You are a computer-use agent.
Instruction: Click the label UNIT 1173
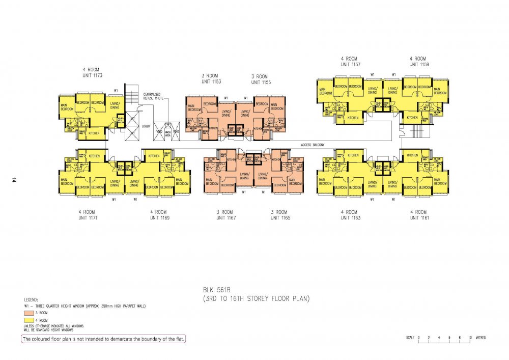93,75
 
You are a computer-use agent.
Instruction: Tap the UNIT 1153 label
211,81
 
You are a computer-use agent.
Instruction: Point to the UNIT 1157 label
350,65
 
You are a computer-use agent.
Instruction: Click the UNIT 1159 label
418,65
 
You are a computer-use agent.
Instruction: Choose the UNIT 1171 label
87,217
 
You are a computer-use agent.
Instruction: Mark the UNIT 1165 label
279,217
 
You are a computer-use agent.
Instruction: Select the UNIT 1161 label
418,217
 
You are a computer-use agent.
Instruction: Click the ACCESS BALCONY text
313,145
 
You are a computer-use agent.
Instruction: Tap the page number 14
15,180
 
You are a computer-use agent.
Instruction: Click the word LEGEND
32,301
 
